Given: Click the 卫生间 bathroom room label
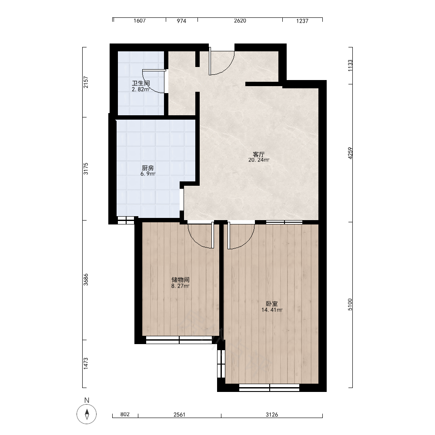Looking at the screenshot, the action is click(141, 83).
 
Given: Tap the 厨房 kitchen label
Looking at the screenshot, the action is click(147, 168).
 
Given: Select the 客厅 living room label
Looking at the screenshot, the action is click(258, 154).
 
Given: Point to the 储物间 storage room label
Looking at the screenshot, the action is click(181, 280).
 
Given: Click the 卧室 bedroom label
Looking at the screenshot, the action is click(272, 304).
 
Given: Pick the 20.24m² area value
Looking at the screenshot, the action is click(259, 160).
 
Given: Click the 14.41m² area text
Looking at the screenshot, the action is click(272, 310).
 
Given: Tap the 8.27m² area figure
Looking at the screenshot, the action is click(181, 286).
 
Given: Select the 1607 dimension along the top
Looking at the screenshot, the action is click(140, 21).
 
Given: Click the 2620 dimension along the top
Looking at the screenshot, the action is click(240, 21).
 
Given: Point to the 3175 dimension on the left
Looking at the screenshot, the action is click(86, 169).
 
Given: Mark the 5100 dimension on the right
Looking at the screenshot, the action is click(350, 304).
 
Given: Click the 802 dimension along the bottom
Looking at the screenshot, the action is click(125, 414).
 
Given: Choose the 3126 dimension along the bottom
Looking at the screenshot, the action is click(272, 415).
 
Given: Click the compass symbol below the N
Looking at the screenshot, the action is click(87, 414).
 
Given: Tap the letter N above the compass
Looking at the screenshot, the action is click(87, 400).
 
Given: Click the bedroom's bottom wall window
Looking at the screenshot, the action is click(269, 388).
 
